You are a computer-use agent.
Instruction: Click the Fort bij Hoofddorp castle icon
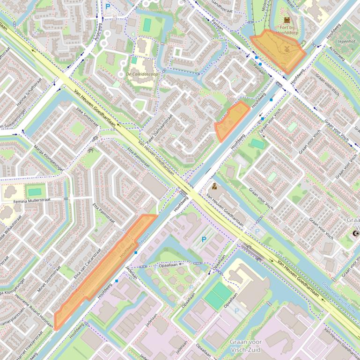(x=287, y=20)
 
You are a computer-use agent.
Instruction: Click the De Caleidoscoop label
(x=142, y=74)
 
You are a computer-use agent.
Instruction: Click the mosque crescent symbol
(x=354, y=233)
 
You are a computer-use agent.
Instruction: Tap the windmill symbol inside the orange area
(x=287, y=48)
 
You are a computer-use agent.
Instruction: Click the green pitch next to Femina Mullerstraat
(x=35, y=192)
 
